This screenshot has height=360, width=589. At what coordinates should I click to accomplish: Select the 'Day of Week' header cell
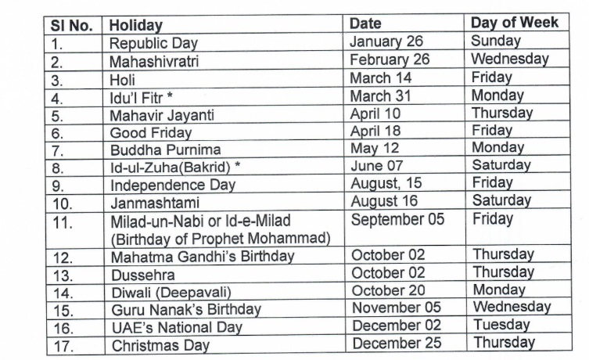(x=514, y=22)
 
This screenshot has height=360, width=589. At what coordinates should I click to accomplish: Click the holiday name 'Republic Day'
(x=153, y=43)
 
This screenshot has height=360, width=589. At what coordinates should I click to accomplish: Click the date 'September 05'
(x=397, y=220)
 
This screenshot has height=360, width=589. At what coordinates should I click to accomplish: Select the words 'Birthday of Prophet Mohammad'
(x=220, y=238)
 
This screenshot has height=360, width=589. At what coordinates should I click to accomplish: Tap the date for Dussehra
(x=388, y=273)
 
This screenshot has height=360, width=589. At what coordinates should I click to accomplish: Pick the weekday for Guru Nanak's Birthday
(x=511, y=306)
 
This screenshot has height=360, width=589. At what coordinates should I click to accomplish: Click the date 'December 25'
(x=396, y=343)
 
